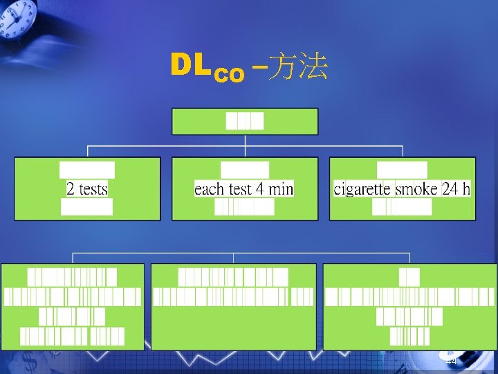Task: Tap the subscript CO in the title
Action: [229, 75]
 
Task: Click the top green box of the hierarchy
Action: [245, 121]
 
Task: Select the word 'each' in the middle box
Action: [208, 188]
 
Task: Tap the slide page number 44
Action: [451, 362]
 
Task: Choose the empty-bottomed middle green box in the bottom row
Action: [234, 326]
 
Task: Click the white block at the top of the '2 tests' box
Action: [87, 170]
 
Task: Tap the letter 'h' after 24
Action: [466, 188]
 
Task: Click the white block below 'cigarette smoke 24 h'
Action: [402, 207]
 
